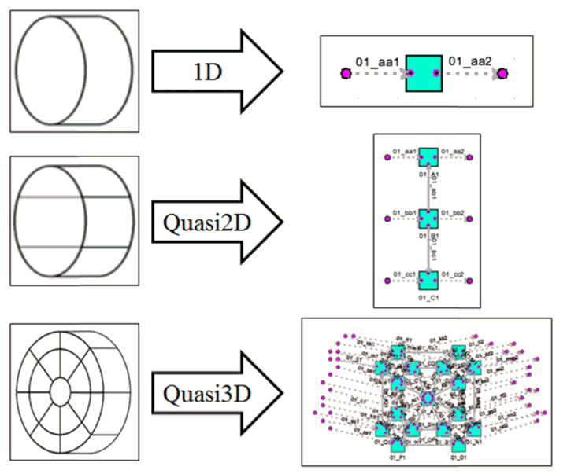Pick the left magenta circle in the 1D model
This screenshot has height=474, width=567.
(x=345, y=74)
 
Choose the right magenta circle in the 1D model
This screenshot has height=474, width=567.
(x=502, y=74)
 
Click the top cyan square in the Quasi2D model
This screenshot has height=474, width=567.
(x=428, y=157)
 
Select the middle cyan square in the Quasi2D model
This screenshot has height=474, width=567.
(x=428, y=219)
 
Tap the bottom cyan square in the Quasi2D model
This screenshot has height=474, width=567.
(x=428, y=279)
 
